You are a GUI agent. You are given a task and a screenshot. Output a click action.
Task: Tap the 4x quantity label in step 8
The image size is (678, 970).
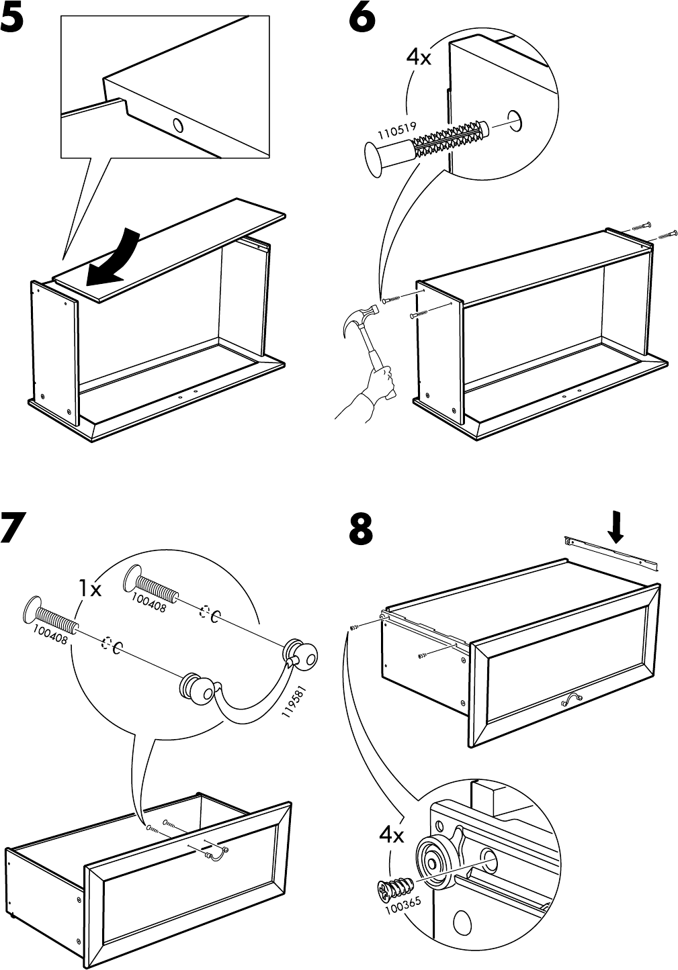pos(391,835)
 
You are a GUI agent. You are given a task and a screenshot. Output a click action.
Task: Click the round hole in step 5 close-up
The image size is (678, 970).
pos(178,125)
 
